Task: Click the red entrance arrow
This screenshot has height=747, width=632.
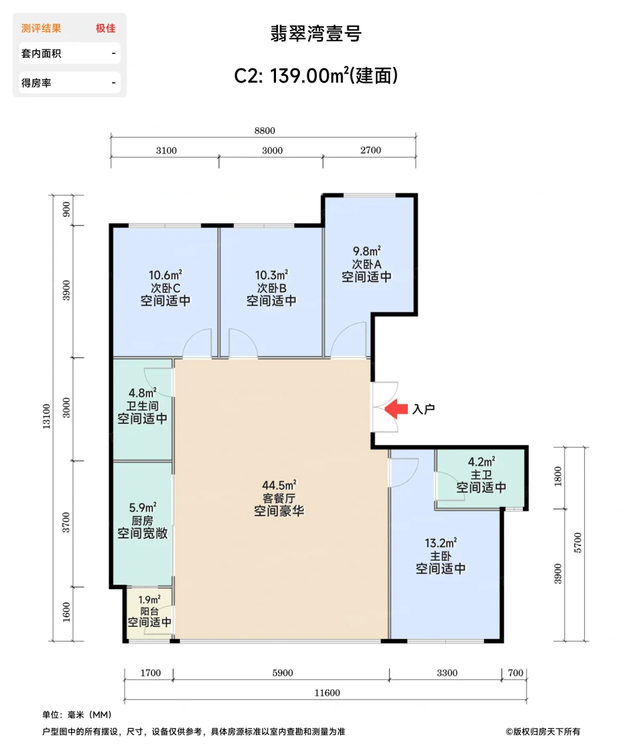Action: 396,409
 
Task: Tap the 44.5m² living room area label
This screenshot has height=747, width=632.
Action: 279,485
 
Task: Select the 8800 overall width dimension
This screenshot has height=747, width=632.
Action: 265,131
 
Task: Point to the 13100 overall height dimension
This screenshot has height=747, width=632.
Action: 46,416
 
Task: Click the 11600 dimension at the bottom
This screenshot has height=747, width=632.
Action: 327,693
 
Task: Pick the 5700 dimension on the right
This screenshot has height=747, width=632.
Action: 578,543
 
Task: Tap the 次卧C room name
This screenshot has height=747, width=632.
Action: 165,288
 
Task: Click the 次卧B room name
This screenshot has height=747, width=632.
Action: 272,288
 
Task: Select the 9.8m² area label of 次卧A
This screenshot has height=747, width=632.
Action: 367,251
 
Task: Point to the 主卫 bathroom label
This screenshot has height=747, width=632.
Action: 481,474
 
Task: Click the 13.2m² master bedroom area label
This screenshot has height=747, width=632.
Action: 440,543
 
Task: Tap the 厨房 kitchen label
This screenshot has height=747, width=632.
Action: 143,521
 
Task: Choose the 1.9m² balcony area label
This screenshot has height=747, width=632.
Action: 149,600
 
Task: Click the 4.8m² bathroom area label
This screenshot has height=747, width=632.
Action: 143,393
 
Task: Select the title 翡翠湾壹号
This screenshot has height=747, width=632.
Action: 316,33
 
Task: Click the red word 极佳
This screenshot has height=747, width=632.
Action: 106,28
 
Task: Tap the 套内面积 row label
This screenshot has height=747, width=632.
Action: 41,53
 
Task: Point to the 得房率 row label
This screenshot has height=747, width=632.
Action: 36,83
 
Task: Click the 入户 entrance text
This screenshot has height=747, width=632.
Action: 423,409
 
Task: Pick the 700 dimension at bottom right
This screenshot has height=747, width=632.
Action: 515,672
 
